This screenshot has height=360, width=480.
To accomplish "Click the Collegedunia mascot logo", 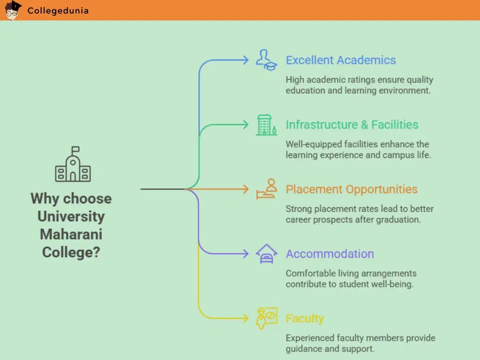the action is coord(13,10).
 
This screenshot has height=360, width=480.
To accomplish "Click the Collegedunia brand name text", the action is coord(58,11).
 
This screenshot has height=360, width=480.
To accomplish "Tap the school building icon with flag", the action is coord(73,164).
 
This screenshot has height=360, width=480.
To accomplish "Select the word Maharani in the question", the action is coord(71,234).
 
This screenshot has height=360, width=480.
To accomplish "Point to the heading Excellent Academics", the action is coord(341,60).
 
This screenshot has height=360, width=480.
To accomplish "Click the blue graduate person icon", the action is coord(266,60).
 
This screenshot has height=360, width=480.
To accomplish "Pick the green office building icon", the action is coord(266,125).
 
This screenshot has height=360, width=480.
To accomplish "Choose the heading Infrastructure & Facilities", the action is coord(352,125).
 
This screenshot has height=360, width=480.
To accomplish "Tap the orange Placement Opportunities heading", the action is coord(352,189).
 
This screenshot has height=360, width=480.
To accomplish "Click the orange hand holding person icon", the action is coord(266,189).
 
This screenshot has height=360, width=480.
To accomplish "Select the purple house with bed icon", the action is coord(266,254).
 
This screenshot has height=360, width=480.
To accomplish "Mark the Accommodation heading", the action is coord(330,254).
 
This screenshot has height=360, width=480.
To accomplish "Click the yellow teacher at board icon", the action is coord(266,318).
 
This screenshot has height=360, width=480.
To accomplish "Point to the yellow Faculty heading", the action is coord(305,319).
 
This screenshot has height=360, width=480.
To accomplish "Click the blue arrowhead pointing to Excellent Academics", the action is coord(246,60).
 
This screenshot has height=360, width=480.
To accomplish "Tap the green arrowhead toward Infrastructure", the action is coord(246,125).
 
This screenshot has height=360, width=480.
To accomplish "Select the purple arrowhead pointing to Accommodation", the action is coord(246,254).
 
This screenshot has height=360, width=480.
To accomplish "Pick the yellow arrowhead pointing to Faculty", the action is coord(246,318).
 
